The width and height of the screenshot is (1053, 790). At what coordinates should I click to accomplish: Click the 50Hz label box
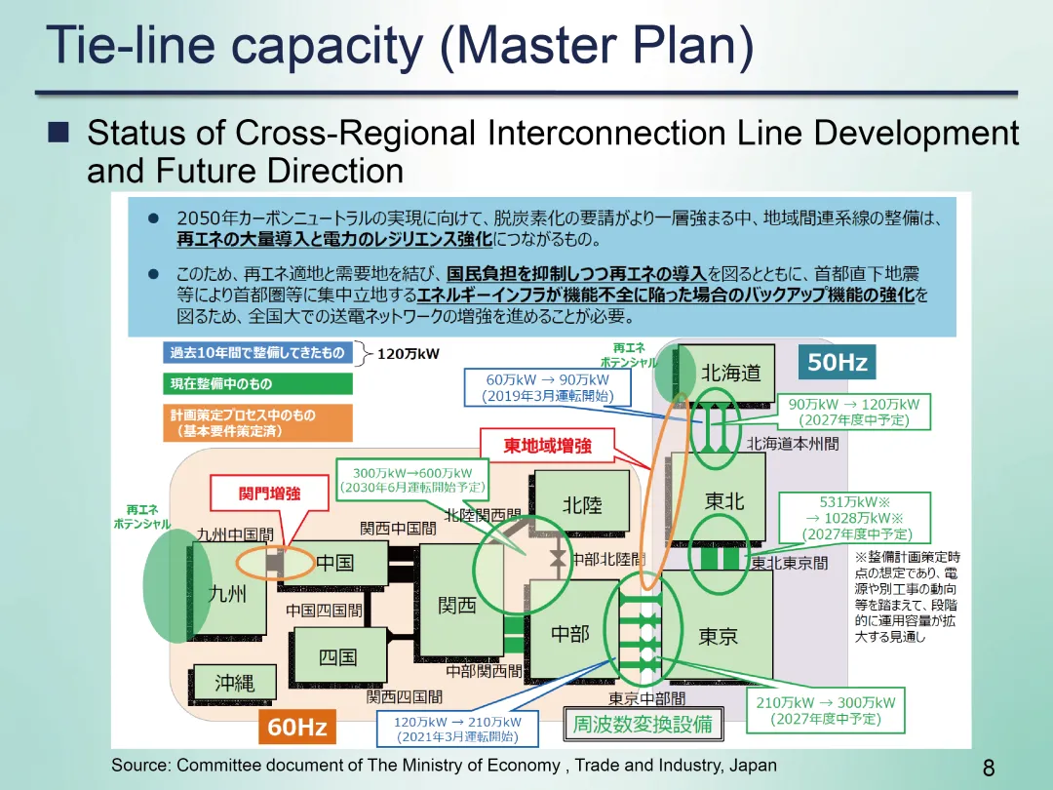(x=837, y=364)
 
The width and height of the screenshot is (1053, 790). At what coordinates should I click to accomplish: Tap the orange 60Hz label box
(x=296, y=727)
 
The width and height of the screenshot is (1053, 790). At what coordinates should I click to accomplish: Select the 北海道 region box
(x=730, y=373)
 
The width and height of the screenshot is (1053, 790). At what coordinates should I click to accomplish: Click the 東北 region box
(x=723, y=500)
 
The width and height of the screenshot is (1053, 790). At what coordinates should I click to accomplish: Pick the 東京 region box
(x=719, y=636)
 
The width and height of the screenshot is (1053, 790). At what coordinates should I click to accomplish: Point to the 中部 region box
(x=570, y=634)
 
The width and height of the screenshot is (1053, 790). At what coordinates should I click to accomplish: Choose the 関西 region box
(x=456, y=605)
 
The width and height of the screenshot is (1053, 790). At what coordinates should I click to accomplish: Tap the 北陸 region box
(x=582, y=505)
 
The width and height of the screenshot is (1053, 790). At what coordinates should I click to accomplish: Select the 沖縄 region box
(x=234, y=684)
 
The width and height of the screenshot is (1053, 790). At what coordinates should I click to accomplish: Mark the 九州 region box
(x=228, y=593)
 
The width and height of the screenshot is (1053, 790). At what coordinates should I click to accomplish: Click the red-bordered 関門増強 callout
(x=270, y=493)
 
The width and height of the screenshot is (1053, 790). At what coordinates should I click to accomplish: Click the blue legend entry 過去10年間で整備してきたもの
(x=257, y=352)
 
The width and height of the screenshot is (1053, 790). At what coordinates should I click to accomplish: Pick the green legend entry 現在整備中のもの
(x=257, y=383)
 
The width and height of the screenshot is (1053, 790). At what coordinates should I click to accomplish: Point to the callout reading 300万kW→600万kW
(x=411, y=479)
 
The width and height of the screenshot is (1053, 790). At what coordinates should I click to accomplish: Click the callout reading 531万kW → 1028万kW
(x=855, y=518)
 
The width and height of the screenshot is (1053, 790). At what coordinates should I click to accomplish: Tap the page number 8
(x=989, y=769)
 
